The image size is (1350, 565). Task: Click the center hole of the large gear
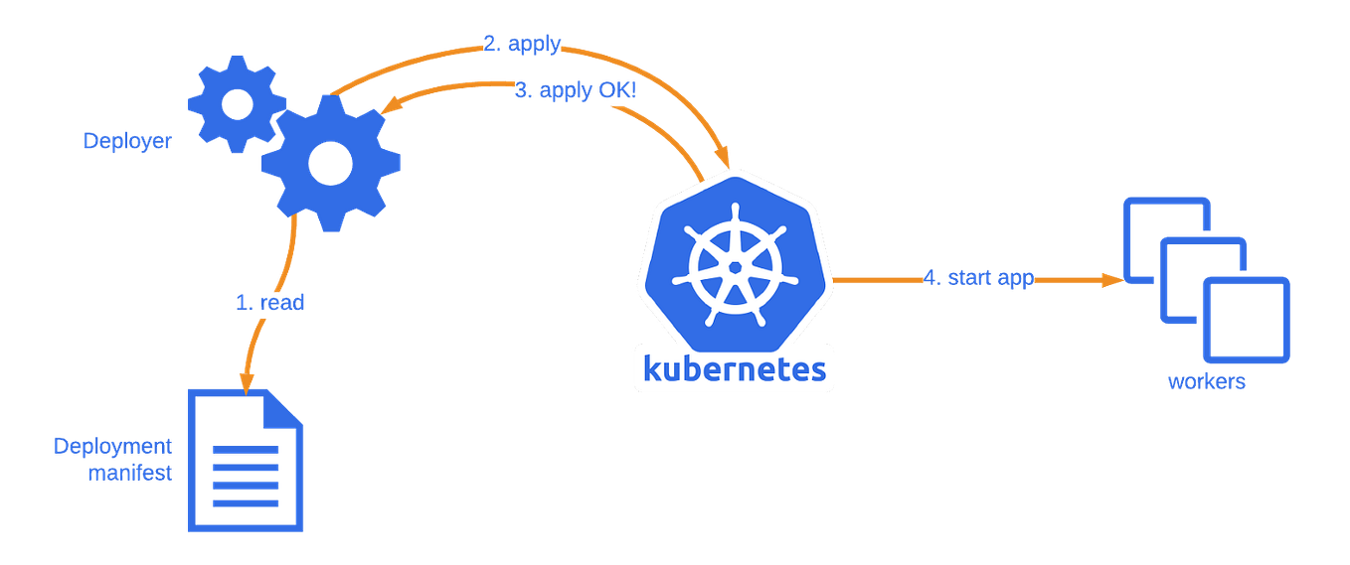pyautogui.click(x=330, y=161)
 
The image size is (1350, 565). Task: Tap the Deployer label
pyautogui.click(x=127, y=141)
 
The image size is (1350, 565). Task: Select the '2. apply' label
pyautogui.click(x=522, y=45)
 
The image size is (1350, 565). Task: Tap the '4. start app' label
pyautogui.click(x=978, y=278)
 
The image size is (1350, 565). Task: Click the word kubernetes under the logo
pyautogui.click(x=735, y=369)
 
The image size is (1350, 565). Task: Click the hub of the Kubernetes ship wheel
pyautogui.click(x=735, y=267)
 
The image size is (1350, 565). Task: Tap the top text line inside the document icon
pyautogui.click(x=246, y=450)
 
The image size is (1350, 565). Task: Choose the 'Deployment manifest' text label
pyautogui.click(x=113, y=459)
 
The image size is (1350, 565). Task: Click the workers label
pyautogui.click(x=1206, y=383)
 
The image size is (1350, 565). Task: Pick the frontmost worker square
pyautogui.click(x=1246, y=320)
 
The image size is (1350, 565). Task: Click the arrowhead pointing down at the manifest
pyautogui.click(x=244, y=377)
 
